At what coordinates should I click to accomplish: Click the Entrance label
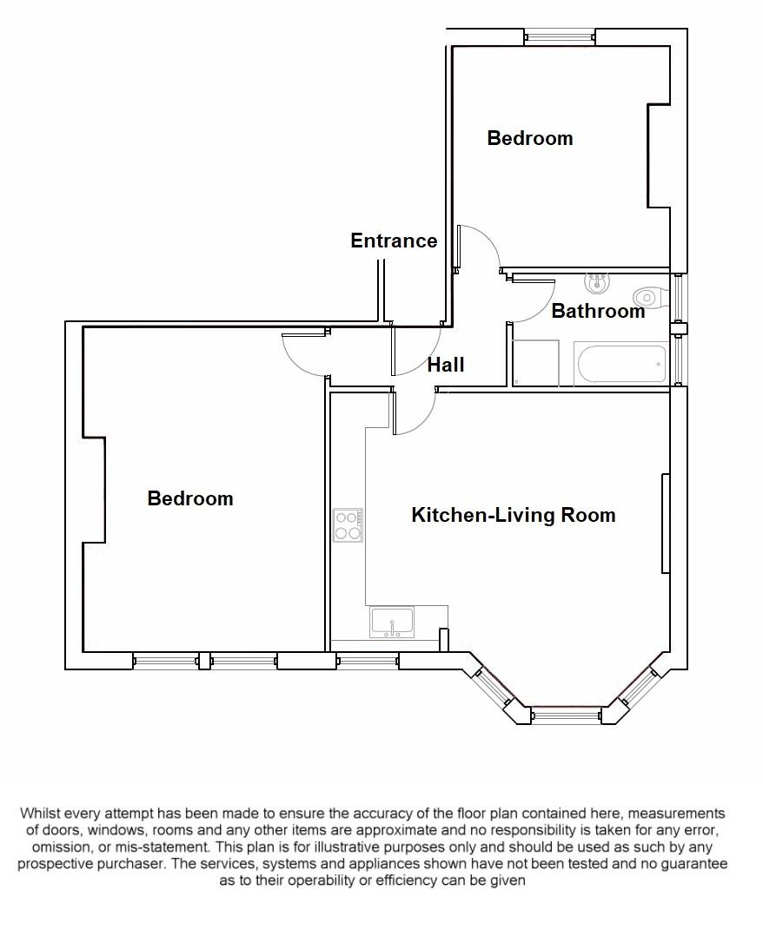(x=394, y=241)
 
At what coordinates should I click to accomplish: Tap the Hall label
(x=445, y=365)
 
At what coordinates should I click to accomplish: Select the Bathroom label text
(x=598, y=311)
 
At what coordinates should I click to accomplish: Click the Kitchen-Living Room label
(x=513, y=515)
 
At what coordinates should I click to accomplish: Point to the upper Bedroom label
(x=529, y=138)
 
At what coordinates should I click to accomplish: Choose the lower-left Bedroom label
(x=190, y=498)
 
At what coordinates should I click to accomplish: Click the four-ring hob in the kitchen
(x=348, y=525)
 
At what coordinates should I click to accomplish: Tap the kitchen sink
(x=392, y=623)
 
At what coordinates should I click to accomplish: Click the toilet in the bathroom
(x=652, y=297)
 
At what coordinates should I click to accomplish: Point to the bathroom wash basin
(x=597, y=283)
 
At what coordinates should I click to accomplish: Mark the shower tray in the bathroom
(x=535, y=363)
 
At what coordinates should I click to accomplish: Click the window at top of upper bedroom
(x=561, y=36)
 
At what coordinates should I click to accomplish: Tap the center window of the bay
(x=566, y=715)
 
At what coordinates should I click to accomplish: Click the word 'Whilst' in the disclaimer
(x=43, y=814)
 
